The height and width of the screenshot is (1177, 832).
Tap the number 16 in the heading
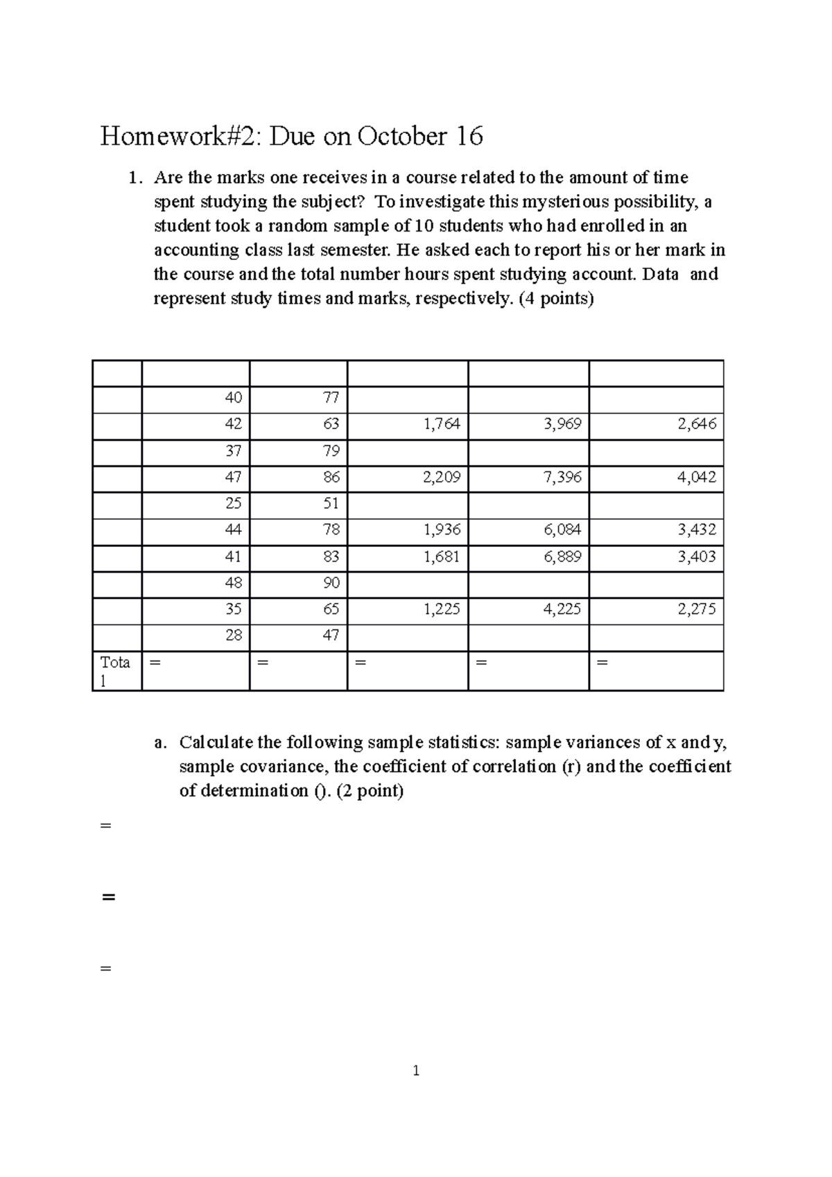(x=469, y=137)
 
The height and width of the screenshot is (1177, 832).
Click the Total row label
(x=115, y=671)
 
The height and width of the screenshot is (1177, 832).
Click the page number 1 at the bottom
(x=416, y=1071)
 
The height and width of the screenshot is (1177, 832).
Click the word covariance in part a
(x=284, y=767)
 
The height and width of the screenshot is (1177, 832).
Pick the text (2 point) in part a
(x=370, y=791)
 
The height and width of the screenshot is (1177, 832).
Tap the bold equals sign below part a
(x=107, y=897)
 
